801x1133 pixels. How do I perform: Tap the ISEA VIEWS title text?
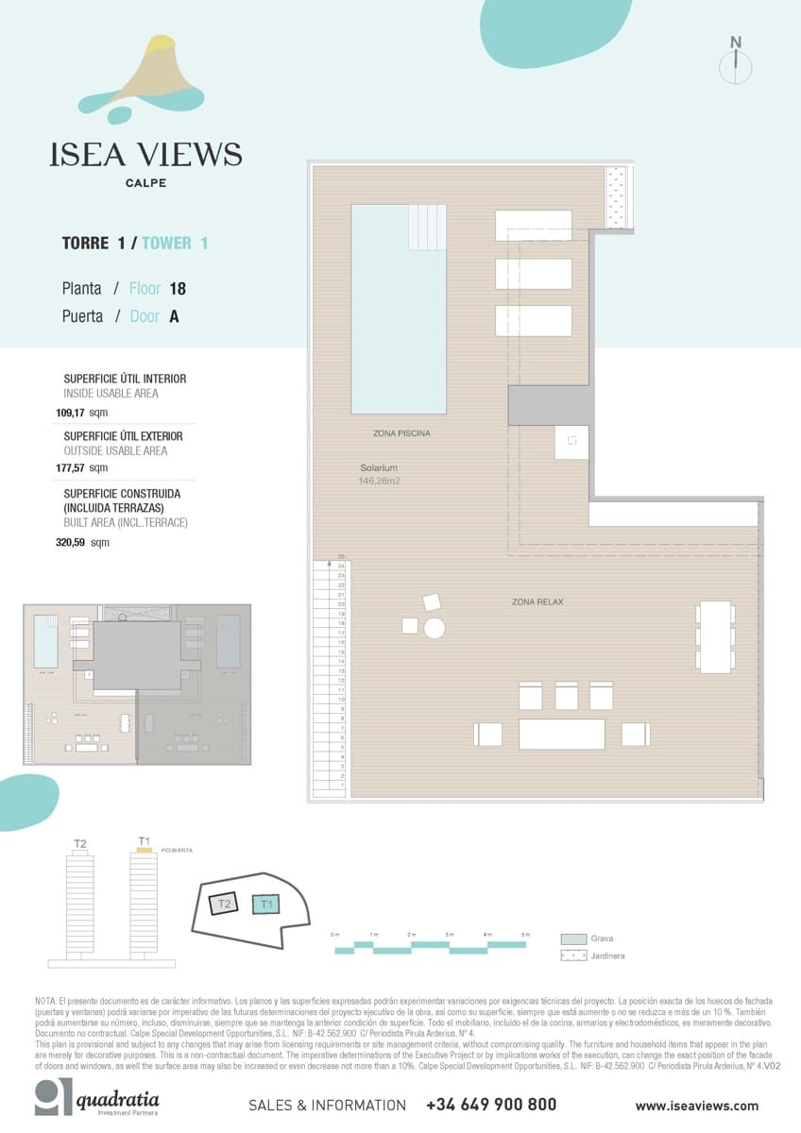[145, 155]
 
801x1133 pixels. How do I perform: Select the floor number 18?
[178, 289]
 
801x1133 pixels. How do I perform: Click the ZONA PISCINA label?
[401, 433]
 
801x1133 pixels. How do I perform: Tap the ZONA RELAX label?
[537, 601]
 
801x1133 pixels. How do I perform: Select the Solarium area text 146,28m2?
[380, 482]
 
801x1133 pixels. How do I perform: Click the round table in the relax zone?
[435, 628]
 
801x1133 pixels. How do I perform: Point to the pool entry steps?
[427, 227]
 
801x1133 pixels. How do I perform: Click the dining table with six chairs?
[715, 637]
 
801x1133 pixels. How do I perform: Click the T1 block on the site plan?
[266, 905]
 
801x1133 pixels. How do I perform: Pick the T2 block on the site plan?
[223, 904]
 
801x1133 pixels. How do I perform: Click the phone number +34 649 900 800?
[491, 1105]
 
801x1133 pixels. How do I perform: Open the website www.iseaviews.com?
[696, 1106]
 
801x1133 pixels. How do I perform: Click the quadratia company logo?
[96, 1100]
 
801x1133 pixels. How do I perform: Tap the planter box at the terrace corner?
[616, 197]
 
